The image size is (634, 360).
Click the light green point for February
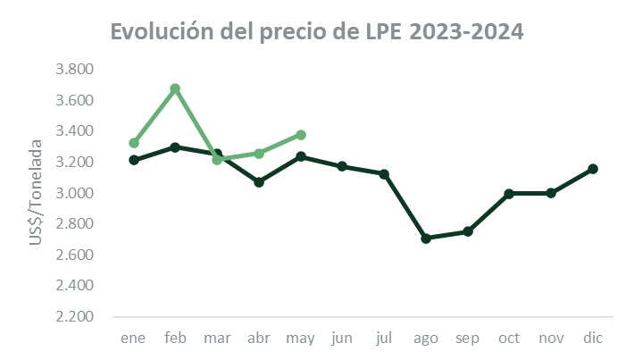(175, 88)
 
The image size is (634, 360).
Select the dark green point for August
(426, 239)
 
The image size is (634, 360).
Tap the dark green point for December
(592, 169)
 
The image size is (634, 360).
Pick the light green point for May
(301, 135)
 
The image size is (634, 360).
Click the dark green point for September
(467, 231)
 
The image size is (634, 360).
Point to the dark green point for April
(259, 182)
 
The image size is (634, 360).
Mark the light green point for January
(134, 143)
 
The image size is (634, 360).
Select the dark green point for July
(384, 174)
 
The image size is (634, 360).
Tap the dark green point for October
(509, 194)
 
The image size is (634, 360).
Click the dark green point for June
(343, 166)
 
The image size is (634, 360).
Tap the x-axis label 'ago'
(426, 339)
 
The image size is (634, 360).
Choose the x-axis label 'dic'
(592, 339)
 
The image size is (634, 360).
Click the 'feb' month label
(175, 339)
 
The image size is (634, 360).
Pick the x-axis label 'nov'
(551, 339)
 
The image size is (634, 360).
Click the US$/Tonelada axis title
(37, 193)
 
